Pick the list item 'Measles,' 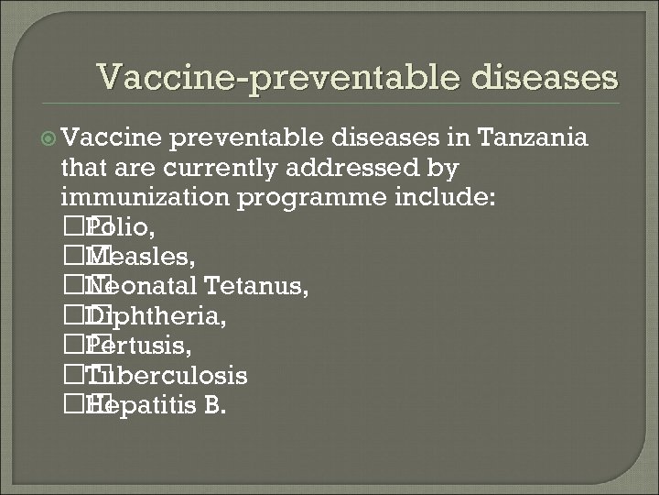[x=143, y=258]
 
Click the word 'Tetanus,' [x=257, y=287]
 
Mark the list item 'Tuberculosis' [x=166, y=377]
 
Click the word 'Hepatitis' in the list [x=142, y=406]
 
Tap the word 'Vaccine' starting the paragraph [x=111, y=138]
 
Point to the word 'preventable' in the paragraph [x=244, y=138]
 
